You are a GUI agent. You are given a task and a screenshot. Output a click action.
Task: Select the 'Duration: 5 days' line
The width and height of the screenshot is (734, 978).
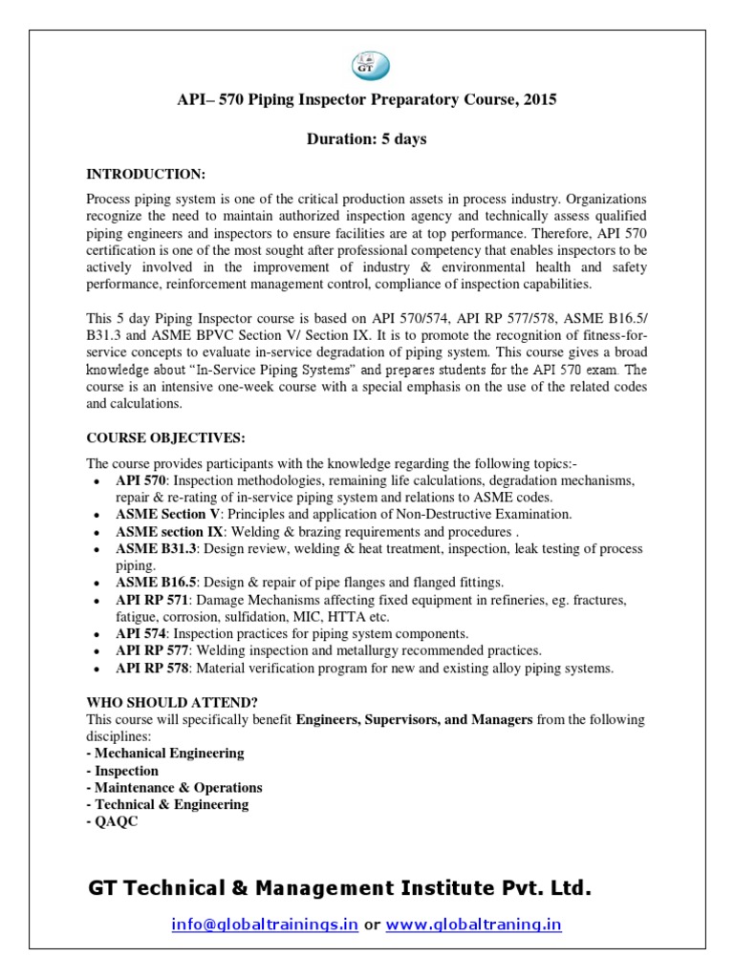point(366,139)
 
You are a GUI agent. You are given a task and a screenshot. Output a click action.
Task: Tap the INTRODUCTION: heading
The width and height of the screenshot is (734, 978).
point(145,174)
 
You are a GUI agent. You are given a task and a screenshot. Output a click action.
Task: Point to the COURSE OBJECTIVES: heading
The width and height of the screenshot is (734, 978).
point(166,437)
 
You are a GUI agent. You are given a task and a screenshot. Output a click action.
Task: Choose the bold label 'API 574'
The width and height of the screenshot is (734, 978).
point(142,634)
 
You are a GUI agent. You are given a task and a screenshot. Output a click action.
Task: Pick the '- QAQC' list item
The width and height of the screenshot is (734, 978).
point(112,821)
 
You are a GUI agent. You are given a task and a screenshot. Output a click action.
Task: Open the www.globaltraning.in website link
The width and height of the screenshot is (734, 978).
point(474,925)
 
